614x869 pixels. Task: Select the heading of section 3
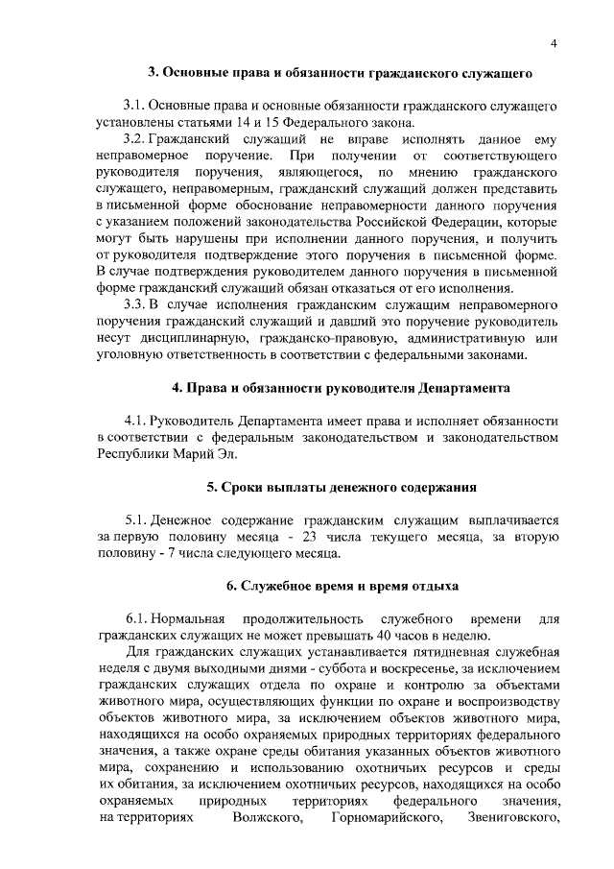[340, 72]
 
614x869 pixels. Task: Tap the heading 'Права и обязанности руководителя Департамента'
[341, 388]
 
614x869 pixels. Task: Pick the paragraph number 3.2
[136, 139]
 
